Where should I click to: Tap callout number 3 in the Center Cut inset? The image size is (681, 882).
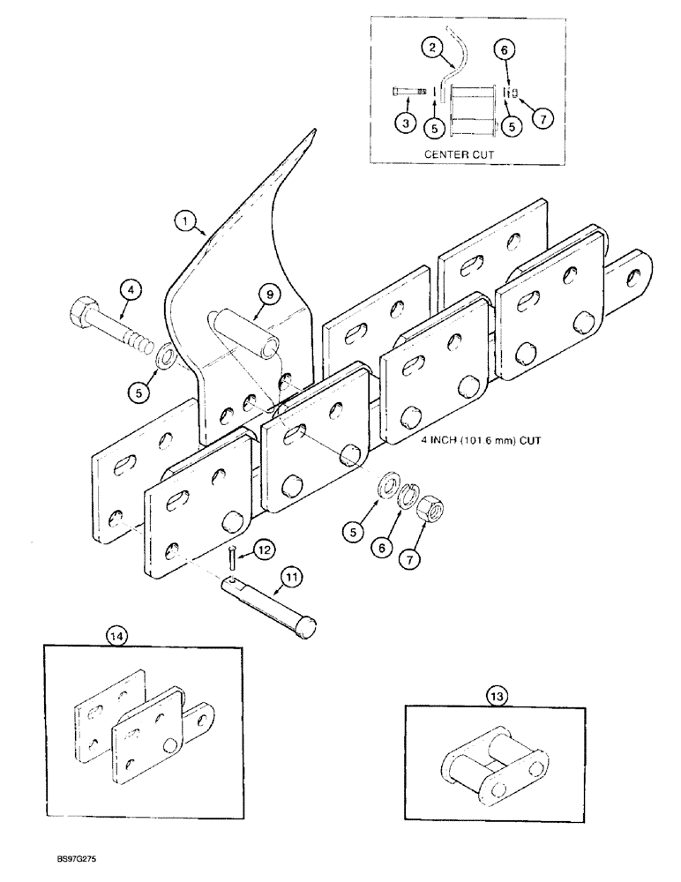point(405,124)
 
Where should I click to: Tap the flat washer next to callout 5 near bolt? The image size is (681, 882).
point(163,359)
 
